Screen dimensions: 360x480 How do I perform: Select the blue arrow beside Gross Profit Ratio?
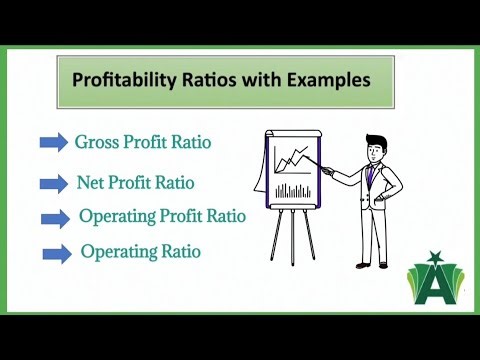pyautogui.click(x=54, y=143)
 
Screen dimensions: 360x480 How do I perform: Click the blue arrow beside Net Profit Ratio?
pyautogui.click(x=54, y=185)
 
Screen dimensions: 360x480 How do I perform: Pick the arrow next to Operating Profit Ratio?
pyautogui.click(x=57, y=219)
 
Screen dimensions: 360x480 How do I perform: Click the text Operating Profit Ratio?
pyautogui.click(x=161, y=217)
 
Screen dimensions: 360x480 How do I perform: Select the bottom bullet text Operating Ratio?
pyautogui.click(x=140, y=251)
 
